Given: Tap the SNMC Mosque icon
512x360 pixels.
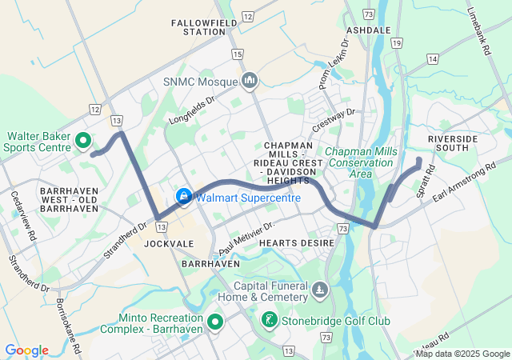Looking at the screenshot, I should pyautogui.click(x=250, y=81).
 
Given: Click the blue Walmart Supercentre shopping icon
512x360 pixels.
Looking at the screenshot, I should pyautogui.click(x=183, y=196).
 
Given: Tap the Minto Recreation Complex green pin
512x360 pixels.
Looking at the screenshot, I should pyautogui.click(x=214, y=322).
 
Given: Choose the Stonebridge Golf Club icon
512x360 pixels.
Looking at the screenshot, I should pyautogui.click(x=270, y=321).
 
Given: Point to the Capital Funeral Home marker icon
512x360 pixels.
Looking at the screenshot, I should pyautogui.click(x=320, y=289).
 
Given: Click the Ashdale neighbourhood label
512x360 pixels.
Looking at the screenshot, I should pyautogui.click(x=370, y=30).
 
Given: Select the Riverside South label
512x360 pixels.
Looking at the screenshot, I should pyautogui.click(x=453, y=144).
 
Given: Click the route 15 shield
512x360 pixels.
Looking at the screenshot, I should pyautogui.click(x=237, y=54).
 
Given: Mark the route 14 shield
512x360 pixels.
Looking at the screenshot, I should pyautogui.click(x=432, y=59).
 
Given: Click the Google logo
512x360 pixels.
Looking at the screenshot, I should pyautogui.click(x=26, y=350).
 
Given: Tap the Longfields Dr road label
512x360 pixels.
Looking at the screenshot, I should pyautogui.click(x=193, y=110).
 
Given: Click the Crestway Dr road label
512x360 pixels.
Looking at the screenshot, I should pyautogui.click(x=333, y=120).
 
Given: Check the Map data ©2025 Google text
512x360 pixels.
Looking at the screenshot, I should pyautogui.click(x=462, y=354).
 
